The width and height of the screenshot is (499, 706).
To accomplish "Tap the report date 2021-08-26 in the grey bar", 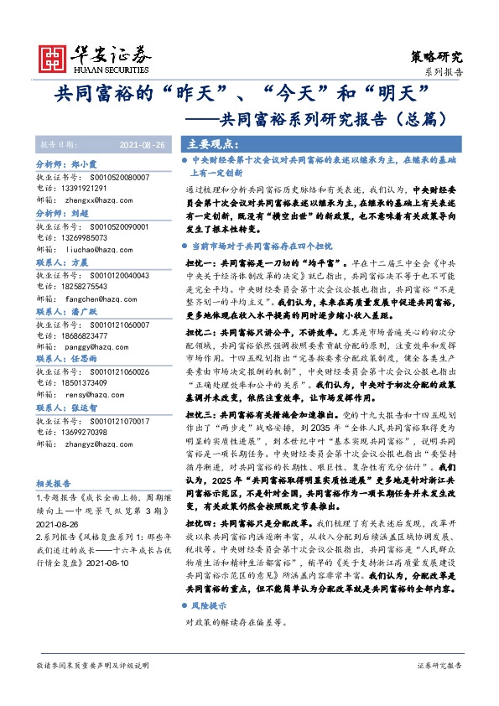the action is coord(143,143).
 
